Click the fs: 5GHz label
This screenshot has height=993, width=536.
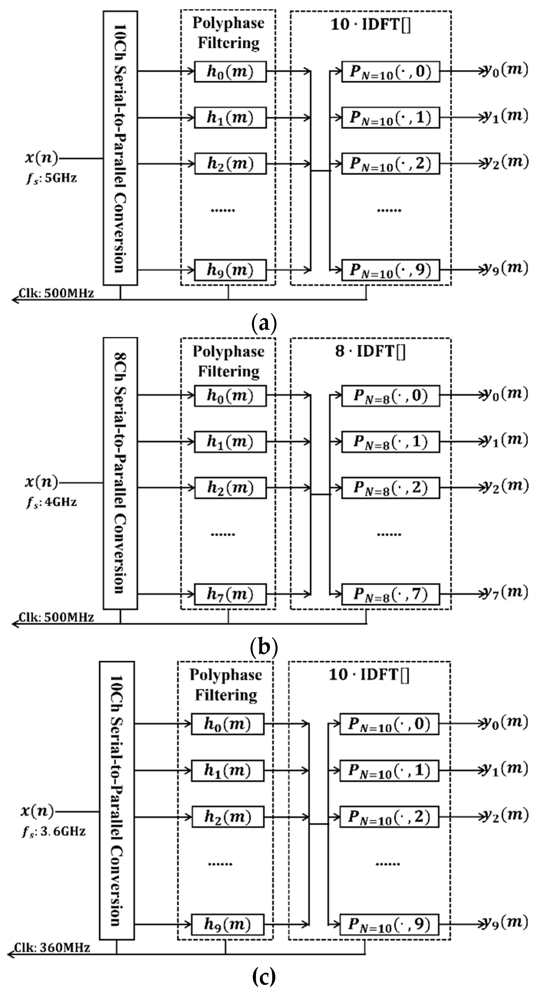51,178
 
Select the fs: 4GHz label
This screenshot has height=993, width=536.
51,502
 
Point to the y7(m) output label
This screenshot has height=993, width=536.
505,592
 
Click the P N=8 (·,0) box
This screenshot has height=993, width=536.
390,395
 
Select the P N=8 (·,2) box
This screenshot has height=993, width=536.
390,488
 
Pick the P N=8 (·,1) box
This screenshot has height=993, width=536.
390,442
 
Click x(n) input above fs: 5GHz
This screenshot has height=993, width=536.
41,158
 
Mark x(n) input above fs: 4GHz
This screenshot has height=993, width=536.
41,482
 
